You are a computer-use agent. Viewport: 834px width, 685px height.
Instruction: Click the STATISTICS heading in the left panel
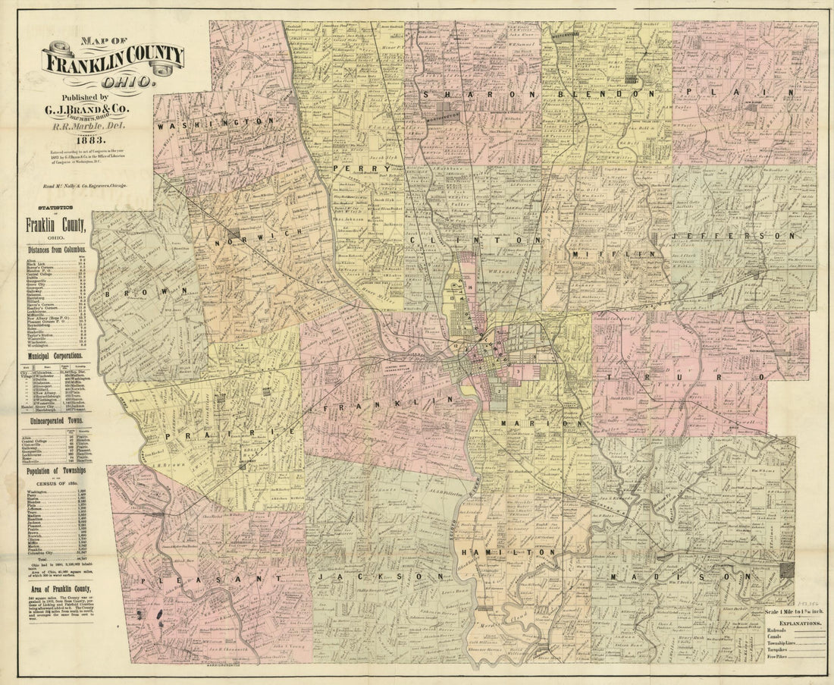(58, 206)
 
